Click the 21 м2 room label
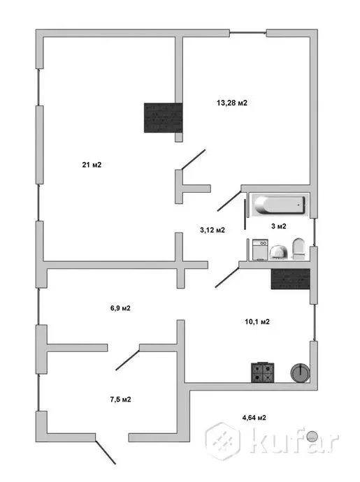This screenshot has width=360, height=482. (92, 165)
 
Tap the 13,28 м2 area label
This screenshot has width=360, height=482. (231, 103)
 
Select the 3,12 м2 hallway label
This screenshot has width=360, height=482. (213, 230)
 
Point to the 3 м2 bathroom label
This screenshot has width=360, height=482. (279, 226)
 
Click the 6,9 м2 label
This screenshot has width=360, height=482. (120, 308)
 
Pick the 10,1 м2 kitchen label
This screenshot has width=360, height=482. (257, 322)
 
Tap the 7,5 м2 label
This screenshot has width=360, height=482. (121, 400)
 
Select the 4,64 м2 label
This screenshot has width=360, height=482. (254, 418)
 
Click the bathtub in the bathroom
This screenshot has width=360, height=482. (280, 205)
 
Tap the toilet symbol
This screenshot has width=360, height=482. (298, 249)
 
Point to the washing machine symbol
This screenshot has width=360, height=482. (260, 250)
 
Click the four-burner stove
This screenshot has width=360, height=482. (262, 372)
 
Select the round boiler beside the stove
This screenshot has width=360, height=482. (300, 372)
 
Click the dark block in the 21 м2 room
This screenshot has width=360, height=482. (164, 118)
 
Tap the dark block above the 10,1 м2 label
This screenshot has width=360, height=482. (290, 279)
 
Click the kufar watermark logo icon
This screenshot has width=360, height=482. (222, 441)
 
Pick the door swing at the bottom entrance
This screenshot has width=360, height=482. (106, 453)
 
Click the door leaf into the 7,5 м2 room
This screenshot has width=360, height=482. (127, 360)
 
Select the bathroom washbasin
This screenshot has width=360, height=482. (279, 252)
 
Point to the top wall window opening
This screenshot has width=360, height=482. (248, 31)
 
